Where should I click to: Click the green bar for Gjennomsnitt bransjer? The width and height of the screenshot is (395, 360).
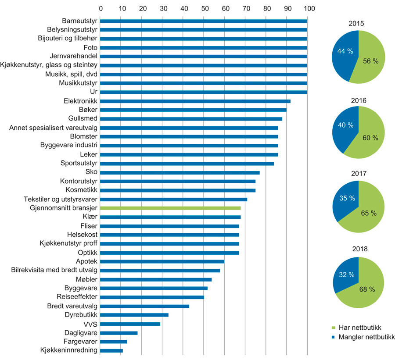click(x=170, y=208)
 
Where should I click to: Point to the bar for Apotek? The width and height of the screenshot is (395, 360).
click(x=162, y=261)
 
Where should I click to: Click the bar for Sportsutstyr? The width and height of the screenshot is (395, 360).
click(x=187, y=164)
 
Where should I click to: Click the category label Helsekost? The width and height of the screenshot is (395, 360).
click(x=83, y=235)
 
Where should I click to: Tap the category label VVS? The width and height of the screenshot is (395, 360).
click(x=90, y=324)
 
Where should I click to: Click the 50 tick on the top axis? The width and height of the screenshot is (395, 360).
click(x=204, y=8)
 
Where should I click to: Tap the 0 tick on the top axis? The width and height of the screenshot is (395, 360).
click(x=101, y=8)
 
